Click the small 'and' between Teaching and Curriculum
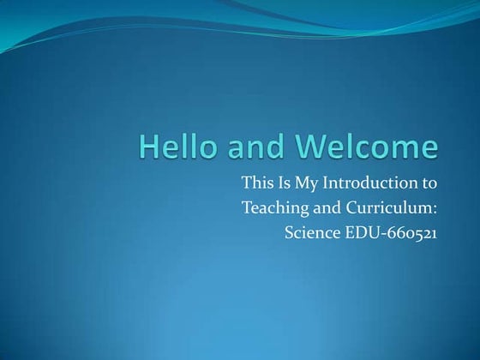tap(322, 207)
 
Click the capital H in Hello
tap(148, 147)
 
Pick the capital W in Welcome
tap(310, 147)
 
